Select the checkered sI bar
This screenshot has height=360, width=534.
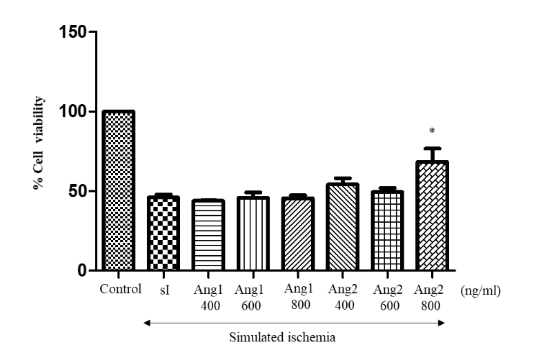(164, 234)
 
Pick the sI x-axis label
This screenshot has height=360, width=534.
(164, 290)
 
